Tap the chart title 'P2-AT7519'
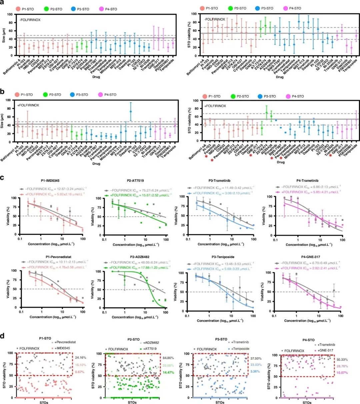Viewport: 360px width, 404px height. click(135, 181)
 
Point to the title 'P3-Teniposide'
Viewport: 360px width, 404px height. click(221, 257)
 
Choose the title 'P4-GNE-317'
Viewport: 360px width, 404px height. click(308, 257)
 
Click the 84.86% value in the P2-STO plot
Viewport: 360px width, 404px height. click(168, 358)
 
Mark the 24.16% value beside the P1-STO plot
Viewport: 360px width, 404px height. click(80, 358)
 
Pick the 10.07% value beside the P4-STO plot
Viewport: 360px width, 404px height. click(342, 373)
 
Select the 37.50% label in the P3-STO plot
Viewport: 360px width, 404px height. click(256, 359)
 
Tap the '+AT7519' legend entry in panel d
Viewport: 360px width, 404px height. click(150, 349)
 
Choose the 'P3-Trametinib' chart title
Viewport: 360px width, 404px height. click(221, 181)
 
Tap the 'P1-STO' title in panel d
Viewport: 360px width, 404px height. click(45, 338)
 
